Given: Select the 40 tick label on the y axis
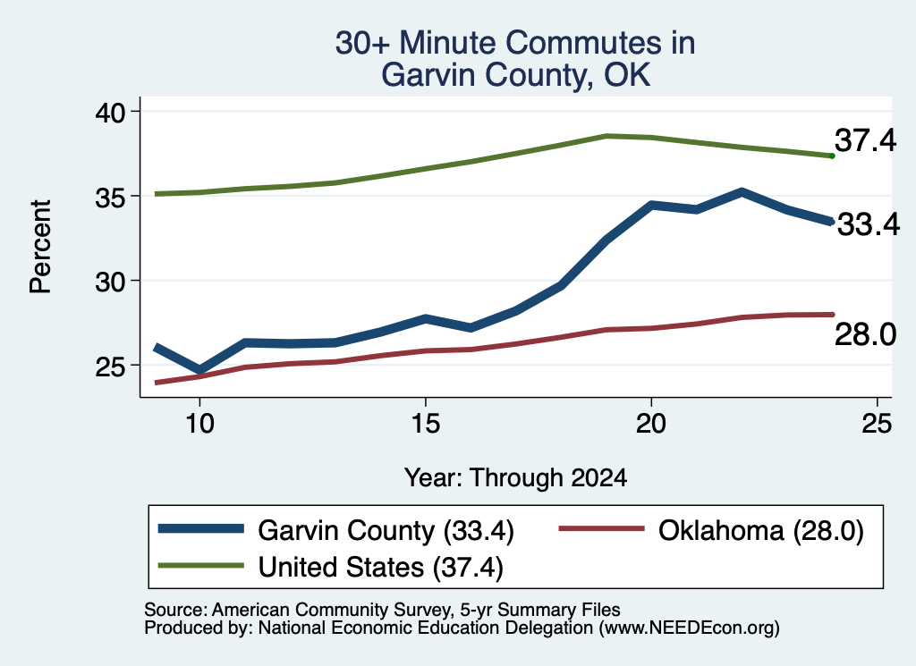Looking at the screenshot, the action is pos(110,112).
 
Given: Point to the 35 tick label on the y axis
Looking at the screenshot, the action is pos(110,197).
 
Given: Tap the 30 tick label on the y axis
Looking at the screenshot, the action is pos(110,282).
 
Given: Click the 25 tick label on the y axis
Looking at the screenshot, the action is pos(110,366).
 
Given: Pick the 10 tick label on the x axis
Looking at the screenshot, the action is pos(199,423).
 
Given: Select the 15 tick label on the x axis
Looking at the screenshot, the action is pos(425,423).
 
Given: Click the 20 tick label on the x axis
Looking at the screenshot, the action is pos(651,423).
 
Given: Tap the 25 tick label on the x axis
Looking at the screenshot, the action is pos(877,423).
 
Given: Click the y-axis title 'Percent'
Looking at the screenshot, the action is pos(40,247).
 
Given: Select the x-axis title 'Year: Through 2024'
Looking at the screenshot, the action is pos(516,477).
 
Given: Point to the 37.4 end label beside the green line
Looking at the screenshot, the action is pos(865,140).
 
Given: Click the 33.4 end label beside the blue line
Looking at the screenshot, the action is pos(869,224).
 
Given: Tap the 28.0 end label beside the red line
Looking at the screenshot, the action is pos(865,335).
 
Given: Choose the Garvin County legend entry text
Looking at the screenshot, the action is pos(386,531).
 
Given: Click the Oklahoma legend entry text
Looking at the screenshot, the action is pos(761,531).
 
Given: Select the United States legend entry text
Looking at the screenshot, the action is pos(381,568).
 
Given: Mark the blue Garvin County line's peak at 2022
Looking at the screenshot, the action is pos(742,192).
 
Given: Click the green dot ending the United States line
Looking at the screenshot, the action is pos(832,156).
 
